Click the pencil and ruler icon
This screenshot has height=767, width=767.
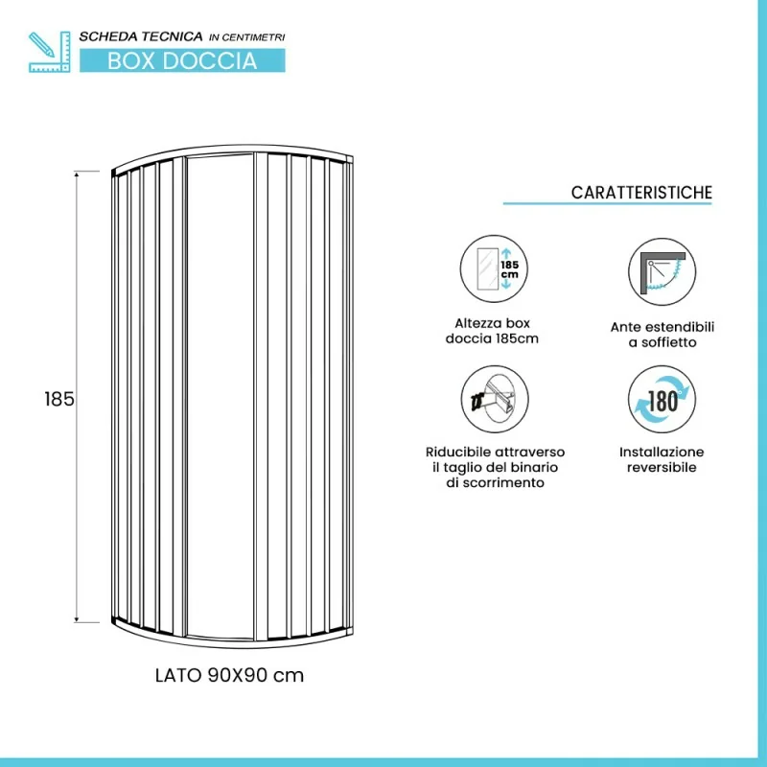[x=50, y=52]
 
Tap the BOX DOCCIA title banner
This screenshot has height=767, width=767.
[x=182, y=60]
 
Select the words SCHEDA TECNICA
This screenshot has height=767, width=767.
[x=141, y=36]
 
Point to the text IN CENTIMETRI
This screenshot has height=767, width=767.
[x=247, y=37]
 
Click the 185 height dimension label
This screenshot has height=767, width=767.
[x=59, y=399]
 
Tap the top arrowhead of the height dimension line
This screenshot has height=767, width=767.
[x=77, y=174]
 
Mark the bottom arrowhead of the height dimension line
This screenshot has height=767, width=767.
[x=77, y=619]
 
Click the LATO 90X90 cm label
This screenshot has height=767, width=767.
[x=229, y=676]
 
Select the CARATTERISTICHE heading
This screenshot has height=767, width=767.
[x=641, y=193]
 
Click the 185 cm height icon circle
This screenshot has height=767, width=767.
[x=494, y=268]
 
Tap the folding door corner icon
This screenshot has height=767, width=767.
[x=662, y=272]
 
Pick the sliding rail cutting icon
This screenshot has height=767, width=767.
[x=495, y=399]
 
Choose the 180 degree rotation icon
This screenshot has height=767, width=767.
[x=662, y=400]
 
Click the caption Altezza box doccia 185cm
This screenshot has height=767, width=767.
[x=492, y=331]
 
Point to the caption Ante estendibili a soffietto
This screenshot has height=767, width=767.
[x=662, y=335]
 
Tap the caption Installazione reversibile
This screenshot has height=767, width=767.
[x=662, y=459]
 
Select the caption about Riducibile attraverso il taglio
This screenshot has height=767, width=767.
[x=495, y=467]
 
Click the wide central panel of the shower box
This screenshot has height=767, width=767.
[x=221, y=396]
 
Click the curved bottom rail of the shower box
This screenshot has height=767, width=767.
[x=232, y=642]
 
